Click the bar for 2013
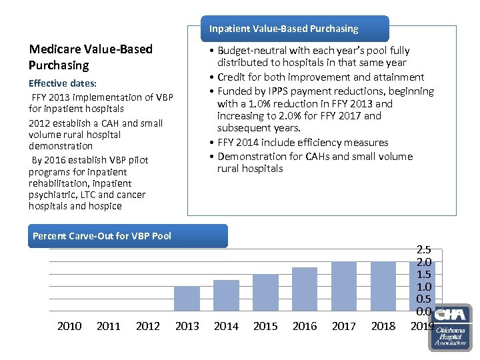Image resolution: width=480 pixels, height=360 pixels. click(187, 299)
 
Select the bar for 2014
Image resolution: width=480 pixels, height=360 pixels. click(226, 295)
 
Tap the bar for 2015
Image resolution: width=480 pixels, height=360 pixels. click(265, 293)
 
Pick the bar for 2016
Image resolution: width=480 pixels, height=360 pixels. click(305, 289)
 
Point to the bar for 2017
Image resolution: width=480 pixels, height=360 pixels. click(344, 286)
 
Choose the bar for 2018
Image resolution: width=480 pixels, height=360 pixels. click(383, 286)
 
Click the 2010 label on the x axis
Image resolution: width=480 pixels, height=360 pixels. click(69, 326)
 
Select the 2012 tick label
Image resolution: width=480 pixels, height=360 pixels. click(147, 326)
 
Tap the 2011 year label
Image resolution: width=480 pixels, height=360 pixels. click(109, 326)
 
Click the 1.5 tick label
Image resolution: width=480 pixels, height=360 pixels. click(423, 275)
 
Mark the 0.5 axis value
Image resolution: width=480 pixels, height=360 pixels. click(423, 299)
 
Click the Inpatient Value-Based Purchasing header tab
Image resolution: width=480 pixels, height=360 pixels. click(283, 29)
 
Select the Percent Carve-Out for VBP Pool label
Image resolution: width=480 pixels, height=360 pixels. click(102, 236)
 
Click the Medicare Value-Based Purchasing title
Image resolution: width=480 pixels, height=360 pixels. click(91, 57)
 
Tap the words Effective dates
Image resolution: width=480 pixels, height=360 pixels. click(63, 83)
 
